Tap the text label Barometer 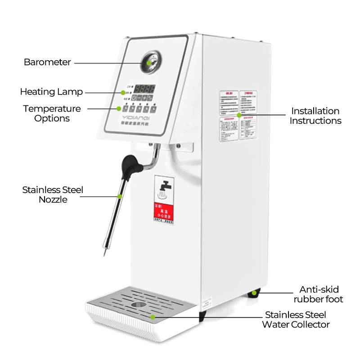[47, 63]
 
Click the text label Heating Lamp [51, 92]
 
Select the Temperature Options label [52, 113]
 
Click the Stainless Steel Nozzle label [53, 194]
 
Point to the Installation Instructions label [315, 116]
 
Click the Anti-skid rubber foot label [319, 294]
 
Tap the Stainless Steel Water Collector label [297, 319]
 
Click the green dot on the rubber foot [255, 293]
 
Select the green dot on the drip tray [153, 317]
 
